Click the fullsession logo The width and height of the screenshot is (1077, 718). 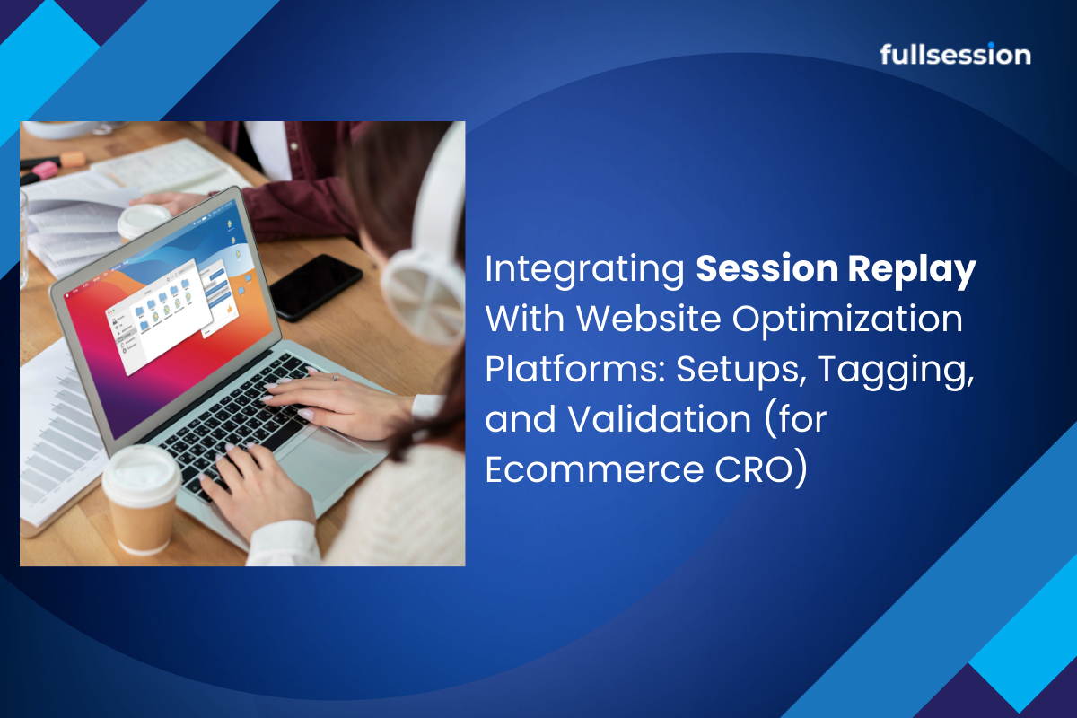(955, 54)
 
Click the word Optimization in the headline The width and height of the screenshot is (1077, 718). (847, 320)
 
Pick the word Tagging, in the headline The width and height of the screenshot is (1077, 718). (896, 371)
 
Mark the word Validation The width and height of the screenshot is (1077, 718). (660, 418)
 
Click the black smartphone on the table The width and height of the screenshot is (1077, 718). (315, 286)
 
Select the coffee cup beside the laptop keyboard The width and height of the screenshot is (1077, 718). (140, 500)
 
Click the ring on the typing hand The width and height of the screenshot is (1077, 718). (335, 378)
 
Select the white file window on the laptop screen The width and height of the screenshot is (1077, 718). (159, 316)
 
